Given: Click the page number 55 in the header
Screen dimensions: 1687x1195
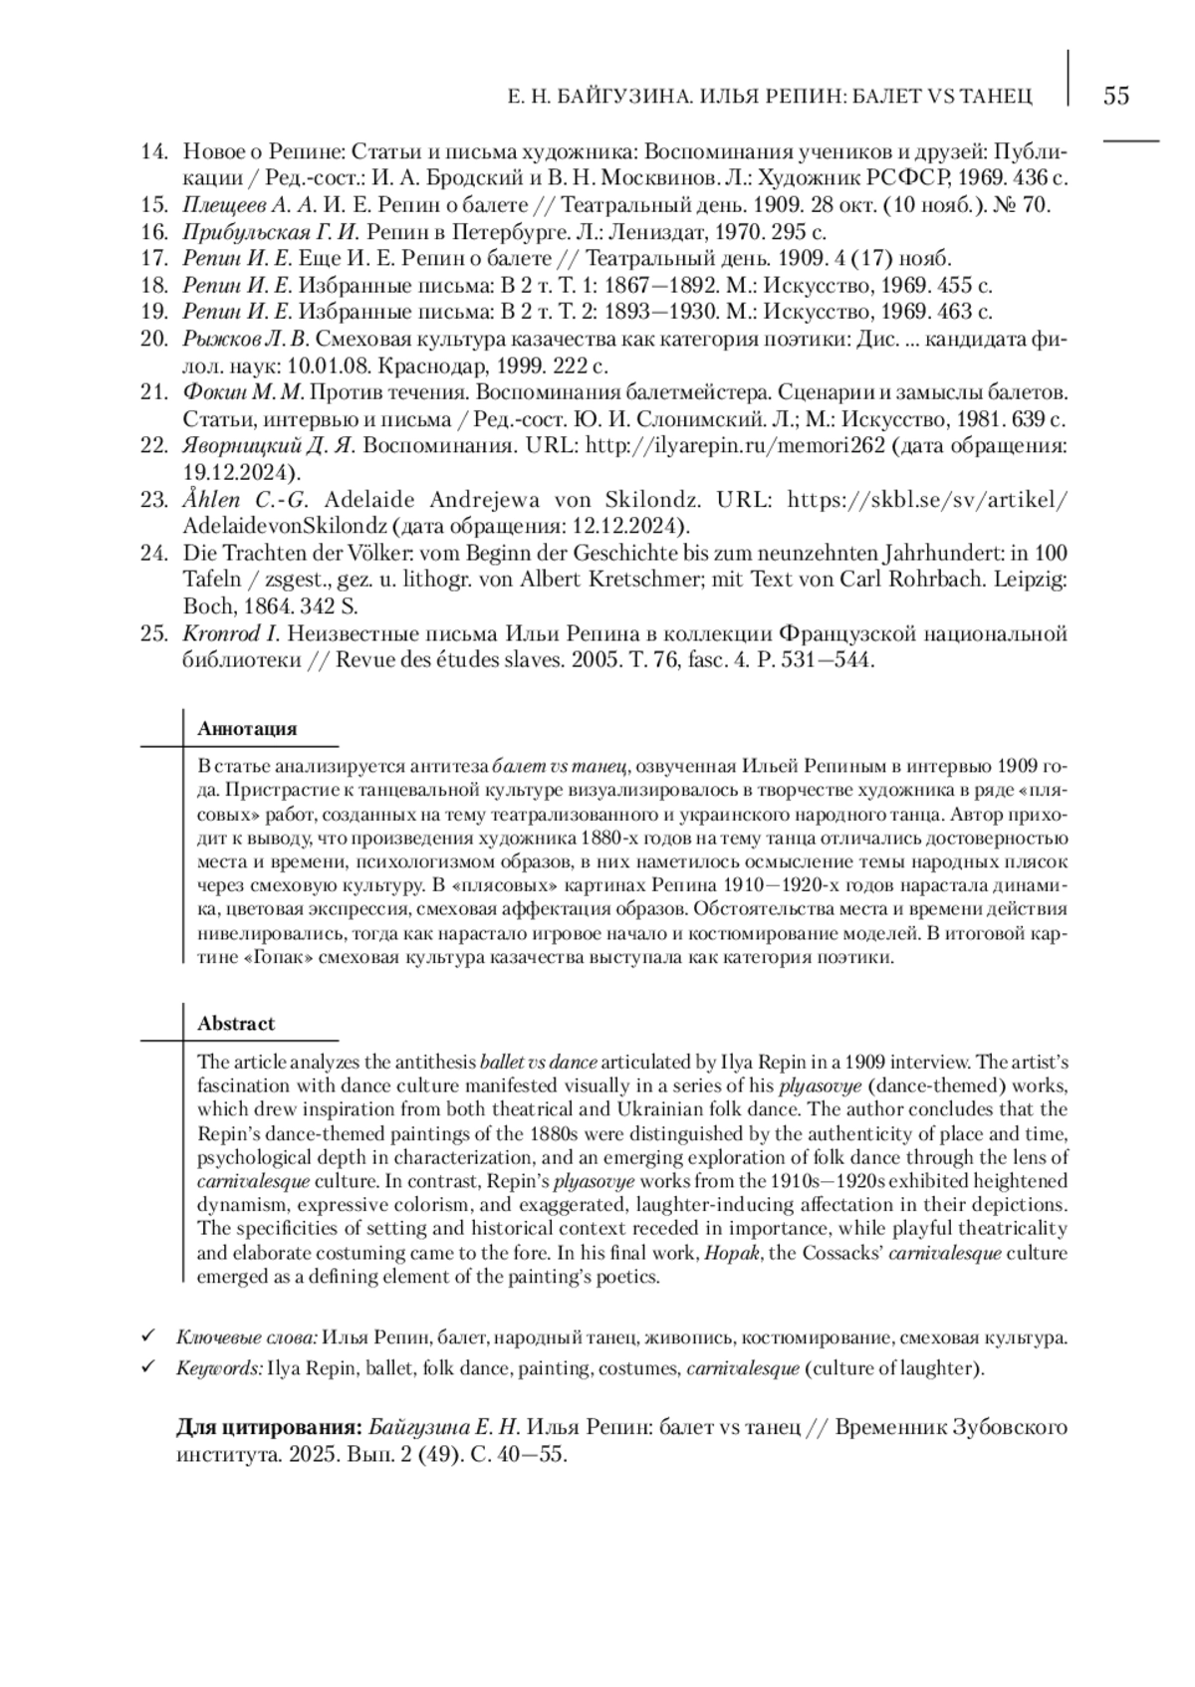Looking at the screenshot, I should click(1116, 96).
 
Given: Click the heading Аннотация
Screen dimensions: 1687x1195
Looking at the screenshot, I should click(247, 728).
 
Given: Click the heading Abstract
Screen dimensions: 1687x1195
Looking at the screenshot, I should click(236, 1023).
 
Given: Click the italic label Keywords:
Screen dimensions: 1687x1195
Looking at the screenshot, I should click(220, 1368).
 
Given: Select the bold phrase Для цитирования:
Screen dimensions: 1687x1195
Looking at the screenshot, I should click(269, 1427).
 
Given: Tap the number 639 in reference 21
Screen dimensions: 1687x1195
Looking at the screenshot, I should click(1024, 418).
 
